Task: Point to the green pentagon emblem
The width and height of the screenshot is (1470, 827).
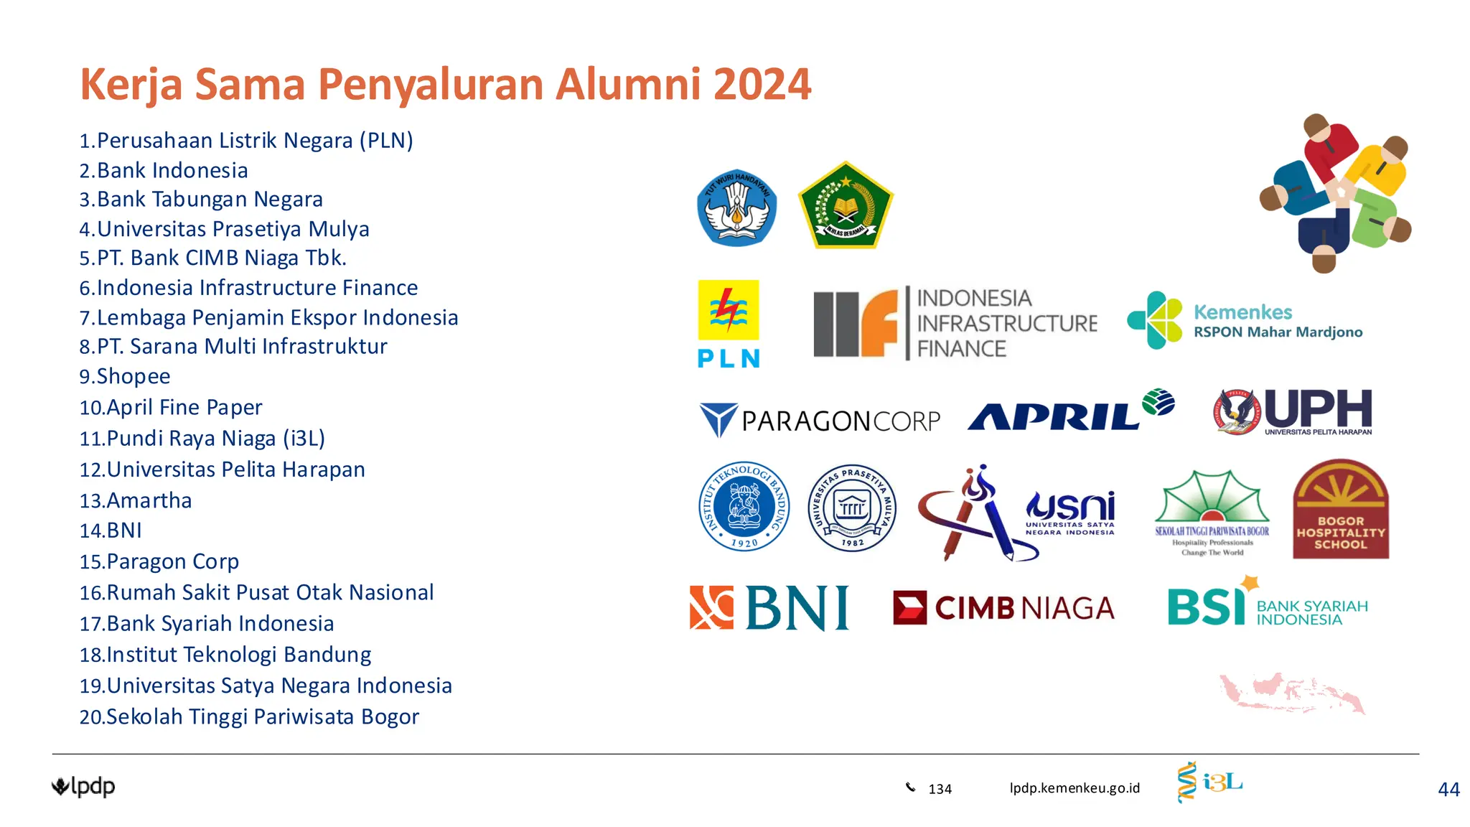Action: (x=846, y=206)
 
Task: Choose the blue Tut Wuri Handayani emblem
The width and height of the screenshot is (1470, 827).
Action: (x=736, y=208)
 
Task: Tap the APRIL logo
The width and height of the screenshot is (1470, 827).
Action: (x=1069, y=412)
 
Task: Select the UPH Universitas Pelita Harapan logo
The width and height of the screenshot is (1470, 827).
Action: (x=1293, y=412)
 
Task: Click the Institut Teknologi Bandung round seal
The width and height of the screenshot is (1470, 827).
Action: (x=744, y=507)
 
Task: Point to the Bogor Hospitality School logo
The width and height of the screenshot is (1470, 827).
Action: (x=1340, y=510)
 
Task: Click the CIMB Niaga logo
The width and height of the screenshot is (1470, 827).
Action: (x=1003, y=608)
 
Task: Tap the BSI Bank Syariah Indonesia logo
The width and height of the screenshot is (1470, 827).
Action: (x=1267, y=605)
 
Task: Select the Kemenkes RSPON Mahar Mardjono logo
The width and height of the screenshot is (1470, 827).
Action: (x=1244, y=321)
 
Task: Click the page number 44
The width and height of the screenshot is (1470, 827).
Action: (x=1448, y=790)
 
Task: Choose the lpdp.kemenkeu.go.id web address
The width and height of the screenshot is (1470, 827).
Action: (x=1075, y=788)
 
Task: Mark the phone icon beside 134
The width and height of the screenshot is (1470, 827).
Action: (x=910, y=788)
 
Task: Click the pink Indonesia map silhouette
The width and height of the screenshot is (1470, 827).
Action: (x=1292, y=693)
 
